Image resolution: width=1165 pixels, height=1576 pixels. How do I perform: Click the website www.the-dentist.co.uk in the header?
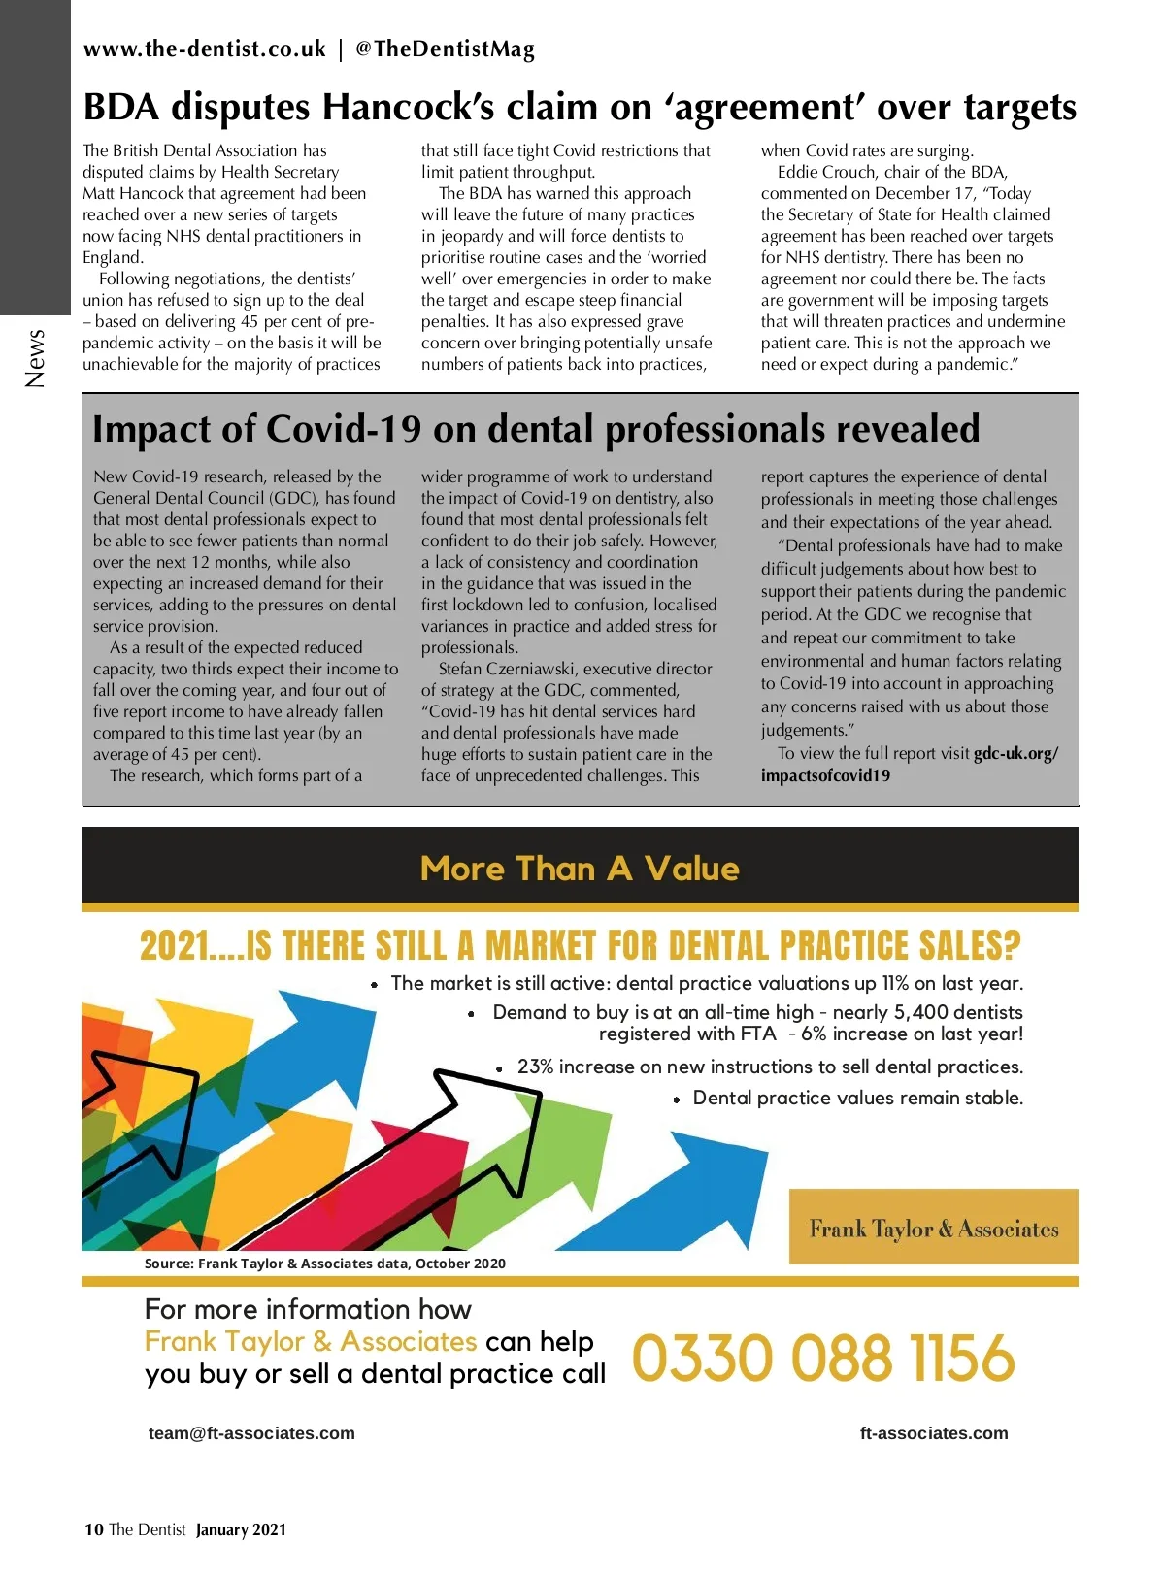pyautogui.click(x=205, y=49)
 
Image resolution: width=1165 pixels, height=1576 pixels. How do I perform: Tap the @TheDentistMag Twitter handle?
pyautogui.click(x=445, y=49)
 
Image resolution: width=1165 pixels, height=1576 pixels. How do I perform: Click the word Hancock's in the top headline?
pyautogui.click(x=409, y=107)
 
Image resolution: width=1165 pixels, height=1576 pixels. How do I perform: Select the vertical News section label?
pyautogui.click(x=36, y=358)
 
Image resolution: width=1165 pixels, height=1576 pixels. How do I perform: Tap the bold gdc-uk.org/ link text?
pyautogui.click(x=1015, y=753)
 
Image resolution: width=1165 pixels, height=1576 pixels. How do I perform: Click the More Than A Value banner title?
pyautogui.click(x=580, y=869)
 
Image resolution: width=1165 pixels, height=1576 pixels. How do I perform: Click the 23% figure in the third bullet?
pyautogui.click(x=535, y=1067)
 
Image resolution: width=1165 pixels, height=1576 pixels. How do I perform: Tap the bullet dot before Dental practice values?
pyautogui.click(x=677, y=1100)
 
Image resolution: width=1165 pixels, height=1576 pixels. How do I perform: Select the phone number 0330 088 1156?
pyautogui.click(x=823, y=1358)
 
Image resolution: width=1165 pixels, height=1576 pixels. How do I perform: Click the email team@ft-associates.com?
pyautogui.click(x=251, y=1433)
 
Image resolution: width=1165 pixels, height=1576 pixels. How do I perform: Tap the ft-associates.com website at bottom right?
pyautogui.click(x=934, y=1433)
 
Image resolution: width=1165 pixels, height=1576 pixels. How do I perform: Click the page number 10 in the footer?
pyautogui.click(x=93, y=1529)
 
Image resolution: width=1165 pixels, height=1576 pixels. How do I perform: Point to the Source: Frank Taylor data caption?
pyautogui.click(x=325, y=1264)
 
